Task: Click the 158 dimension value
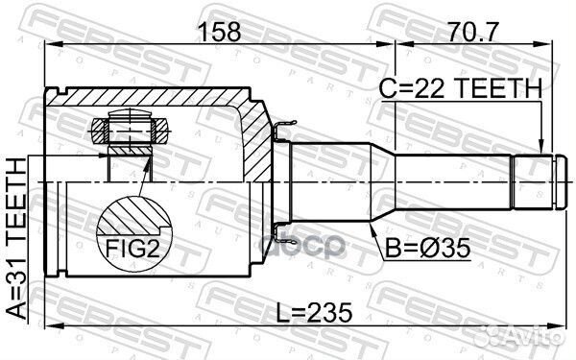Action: point(219,33)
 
